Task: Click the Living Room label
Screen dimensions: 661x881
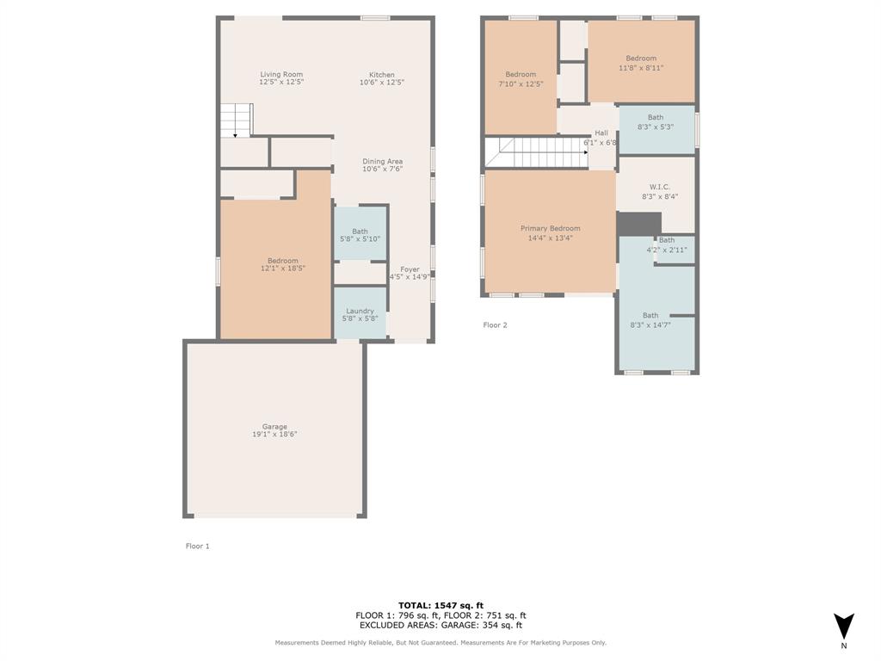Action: point(281,75)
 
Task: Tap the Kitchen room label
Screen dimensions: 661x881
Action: point(382,75)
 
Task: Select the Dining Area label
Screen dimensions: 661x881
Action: point(382,162)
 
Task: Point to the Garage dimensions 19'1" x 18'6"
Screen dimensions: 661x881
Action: point(274,435)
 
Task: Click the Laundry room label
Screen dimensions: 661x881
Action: point(360,312)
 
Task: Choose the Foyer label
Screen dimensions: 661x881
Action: point(410,269)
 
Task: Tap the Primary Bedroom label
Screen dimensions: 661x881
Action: point(550,229)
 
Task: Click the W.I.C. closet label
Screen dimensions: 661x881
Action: point(660,187)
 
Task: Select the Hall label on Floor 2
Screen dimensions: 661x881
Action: point(601,133)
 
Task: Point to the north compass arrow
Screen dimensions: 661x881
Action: point(844,626)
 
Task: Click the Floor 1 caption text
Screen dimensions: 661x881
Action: point(198,547)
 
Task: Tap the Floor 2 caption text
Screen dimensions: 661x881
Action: point(495,325)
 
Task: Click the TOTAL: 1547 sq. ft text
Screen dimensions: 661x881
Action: point(440,605)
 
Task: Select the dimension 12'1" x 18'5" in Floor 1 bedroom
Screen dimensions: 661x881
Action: point(282,269)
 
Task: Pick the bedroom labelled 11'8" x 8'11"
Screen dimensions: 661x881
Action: point(641,63)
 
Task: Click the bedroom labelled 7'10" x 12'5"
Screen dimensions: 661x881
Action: point(521,79)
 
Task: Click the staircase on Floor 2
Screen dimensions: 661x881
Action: point(538,152)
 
